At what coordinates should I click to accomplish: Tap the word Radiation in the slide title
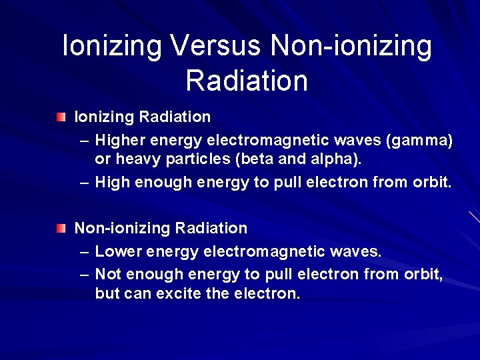tap(247, 81)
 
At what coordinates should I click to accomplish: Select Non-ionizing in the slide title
tap(351, 46)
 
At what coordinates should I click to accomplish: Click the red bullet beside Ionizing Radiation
tap(61, 117)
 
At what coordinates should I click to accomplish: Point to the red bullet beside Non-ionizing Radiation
tap(61, 229)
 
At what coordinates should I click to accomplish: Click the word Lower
tap(118, 251)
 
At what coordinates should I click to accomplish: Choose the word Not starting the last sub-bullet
tap(108, 273)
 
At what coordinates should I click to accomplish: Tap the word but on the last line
tap(107, 294)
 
